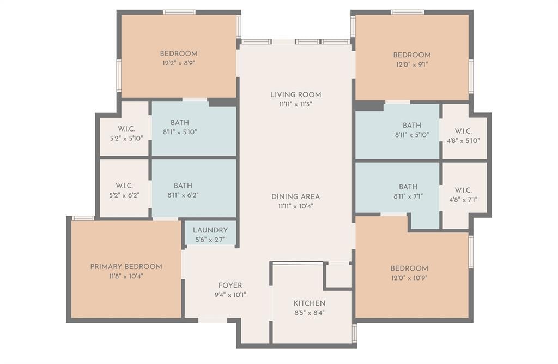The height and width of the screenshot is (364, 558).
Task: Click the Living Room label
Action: click(x=295, y=94)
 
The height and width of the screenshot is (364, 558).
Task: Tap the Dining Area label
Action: click(x=295, y=196)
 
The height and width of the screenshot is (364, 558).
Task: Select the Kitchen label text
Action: click(x=309, y=303)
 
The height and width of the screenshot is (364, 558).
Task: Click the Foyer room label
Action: click(x=230, y=285)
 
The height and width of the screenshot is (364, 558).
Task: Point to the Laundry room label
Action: click(x=210, y=230)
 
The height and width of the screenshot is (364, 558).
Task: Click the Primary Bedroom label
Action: click(x=126, y=267)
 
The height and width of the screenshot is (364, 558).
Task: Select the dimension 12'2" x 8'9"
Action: click(x=178, y=63)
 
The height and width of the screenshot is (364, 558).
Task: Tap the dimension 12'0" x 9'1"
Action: click(x=412, y=64)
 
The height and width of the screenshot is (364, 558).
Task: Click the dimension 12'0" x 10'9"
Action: click(x=409, y=278)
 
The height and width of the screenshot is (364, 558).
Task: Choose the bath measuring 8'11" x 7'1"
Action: click(x=408, y=187)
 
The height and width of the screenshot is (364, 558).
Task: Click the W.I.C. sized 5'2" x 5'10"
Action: click(x=125, y=129)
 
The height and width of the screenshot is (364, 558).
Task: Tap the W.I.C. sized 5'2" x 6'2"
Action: click(x=124, y=186)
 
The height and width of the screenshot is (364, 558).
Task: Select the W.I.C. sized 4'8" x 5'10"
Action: click(x=463, y=131)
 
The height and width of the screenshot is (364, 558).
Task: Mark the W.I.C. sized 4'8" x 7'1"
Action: click(x=463, y=190)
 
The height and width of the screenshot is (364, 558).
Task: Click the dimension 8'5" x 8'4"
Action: click(x=309, y=313)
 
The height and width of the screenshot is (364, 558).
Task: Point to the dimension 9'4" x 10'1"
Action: click(x=230, y=295)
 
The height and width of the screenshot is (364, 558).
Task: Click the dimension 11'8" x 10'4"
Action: click(x=126, y=276)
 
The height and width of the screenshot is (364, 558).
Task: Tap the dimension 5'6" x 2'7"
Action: click(x=210, y=239)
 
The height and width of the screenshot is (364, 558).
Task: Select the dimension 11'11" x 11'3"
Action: click(x=295, y=104)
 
